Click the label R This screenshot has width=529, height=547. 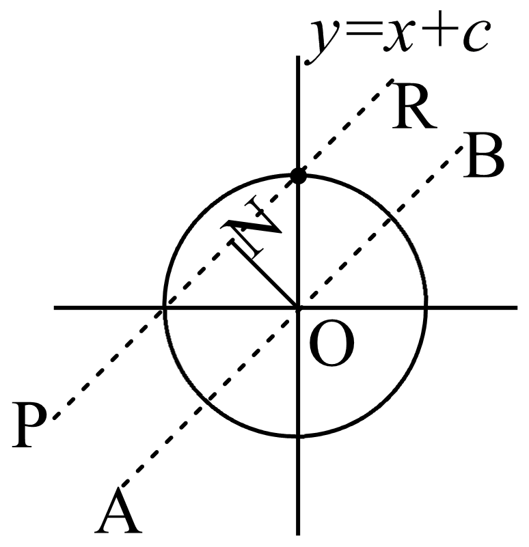[x=413, y=110]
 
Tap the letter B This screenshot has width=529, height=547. [x=483, y=155]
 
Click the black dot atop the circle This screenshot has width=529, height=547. [x=297, y=176]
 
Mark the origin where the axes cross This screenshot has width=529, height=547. [x=297, y=308]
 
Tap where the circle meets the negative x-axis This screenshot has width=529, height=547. [x=164, y=308]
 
